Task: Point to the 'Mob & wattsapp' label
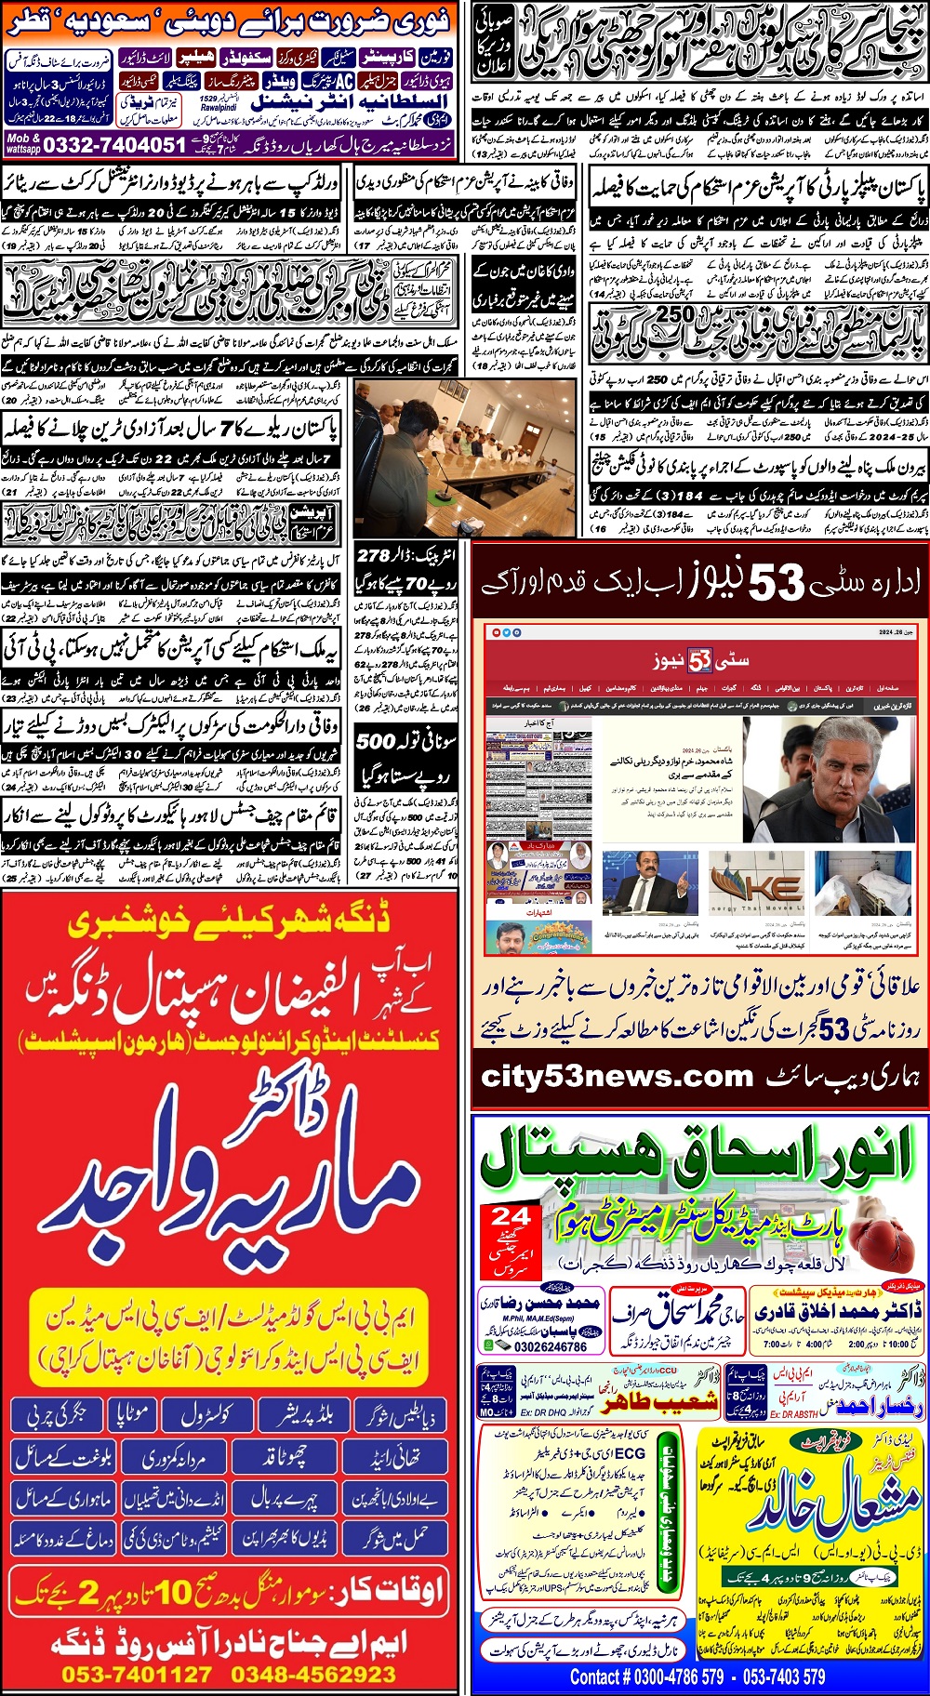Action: coord(23,144)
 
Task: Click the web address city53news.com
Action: coord(617,1077)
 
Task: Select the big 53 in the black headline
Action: coord(777,584)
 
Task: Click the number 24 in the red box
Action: coord(511,1216)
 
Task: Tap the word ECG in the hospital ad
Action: coord(630,1452)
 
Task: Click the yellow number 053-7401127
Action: coord(137,1675)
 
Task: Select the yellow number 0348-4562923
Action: coord(313,1675)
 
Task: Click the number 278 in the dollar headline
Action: coord(373,555)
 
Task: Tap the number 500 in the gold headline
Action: coord(376,741)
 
